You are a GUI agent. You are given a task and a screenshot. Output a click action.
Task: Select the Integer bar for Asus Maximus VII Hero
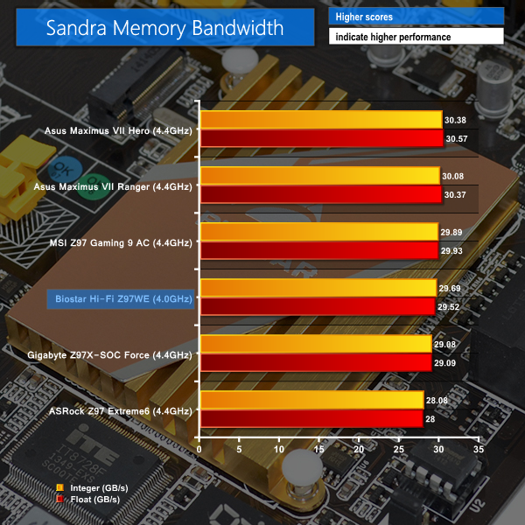pyautogui.click(x=321, y=120)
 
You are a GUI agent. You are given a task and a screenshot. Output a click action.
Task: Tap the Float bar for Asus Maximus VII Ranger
pyautogui.click(x=320, y=194)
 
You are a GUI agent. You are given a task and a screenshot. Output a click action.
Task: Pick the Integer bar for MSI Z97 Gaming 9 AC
pyautogui.click(x=319, y=231)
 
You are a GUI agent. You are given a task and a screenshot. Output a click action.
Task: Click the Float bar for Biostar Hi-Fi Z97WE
pyautogui.click(x=318, y=306)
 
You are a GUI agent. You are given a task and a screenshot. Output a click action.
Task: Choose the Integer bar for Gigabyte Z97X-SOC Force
pyautogui.click(x=316, y=343)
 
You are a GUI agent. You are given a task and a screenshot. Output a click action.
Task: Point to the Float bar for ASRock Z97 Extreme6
pyautogui.click(x=311, y=418)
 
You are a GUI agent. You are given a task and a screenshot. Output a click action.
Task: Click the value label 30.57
pyautogui.click(x=455, y=139)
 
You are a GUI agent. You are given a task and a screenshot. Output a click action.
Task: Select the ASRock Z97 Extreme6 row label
pyautogui.click(x=121, y=410)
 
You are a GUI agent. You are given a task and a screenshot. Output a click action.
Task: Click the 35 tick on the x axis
pyautogui.click(x=478, y=448)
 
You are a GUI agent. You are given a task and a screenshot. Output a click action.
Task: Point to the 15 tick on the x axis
pyautogui.click(x=318, y=448)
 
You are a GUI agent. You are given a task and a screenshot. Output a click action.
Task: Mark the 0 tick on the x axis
pyautogui.click(x=200, y=448)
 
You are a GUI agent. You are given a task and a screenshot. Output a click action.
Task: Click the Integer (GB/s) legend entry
pyautogui.click(x=88, y=487)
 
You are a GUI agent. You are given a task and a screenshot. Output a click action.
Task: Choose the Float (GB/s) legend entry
pyautogui.click(x=84, y=499)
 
